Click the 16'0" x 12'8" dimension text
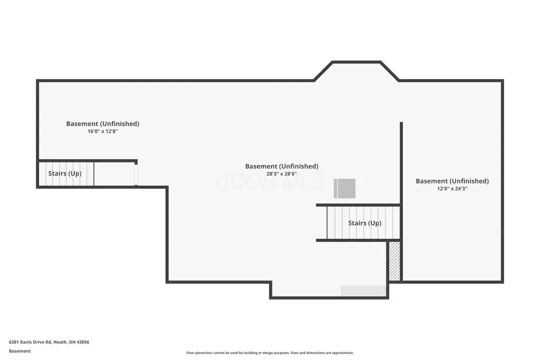[x=103, y=131]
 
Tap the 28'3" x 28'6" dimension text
[x=282, y=174]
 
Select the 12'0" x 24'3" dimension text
[x=452, y=189]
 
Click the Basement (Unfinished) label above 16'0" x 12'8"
[x=103, y=123]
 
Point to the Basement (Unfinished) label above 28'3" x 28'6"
[x=282, y=166]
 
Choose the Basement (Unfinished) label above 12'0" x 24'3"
[x=452, y=181]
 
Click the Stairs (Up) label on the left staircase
[x=65, y=173]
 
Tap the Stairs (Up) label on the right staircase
[x=365, y=223]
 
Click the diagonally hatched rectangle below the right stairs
[x=394, y=261]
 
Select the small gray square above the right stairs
[x=345, y=189]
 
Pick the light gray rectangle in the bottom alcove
[x=363, y=290]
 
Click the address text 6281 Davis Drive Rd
[x=30, y=342]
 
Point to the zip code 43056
[x=83, y=342]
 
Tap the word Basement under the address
[x=20, y=351]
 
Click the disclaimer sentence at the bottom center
[x=270, y=353]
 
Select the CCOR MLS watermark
[x=270, y=180]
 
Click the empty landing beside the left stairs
[x=114, y=174]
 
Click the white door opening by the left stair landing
[x=136, y=175]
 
